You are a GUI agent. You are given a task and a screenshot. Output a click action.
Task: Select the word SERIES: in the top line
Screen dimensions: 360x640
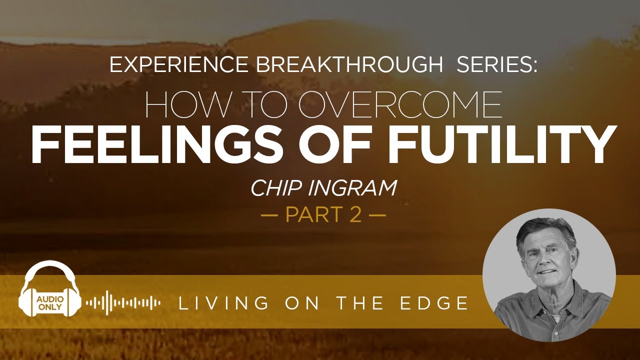pos(496,65)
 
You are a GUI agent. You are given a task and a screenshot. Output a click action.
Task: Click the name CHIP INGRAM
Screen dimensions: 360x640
pos(323,188)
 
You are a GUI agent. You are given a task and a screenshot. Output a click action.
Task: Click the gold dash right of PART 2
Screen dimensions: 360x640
pos(377,216)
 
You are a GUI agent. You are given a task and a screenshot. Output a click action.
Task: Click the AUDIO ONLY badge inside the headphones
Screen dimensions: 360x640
pos(49,302)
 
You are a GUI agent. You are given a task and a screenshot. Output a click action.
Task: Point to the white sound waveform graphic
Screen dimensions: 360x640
pos(123,302)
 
